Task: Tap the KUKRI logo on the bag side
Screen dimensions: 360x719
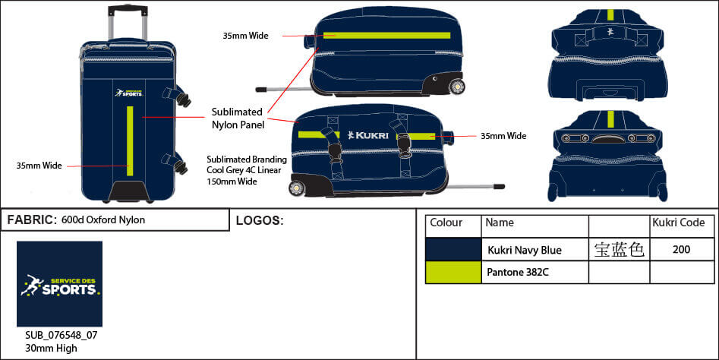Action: coord(371,135)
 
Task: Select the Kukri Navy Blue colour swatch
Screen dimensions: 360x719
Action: coord(453,249)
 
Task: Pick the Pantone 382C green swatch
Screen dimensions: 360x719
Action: coord(453,272)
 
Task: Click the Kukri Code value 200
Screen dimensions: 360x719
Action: coord(681,249)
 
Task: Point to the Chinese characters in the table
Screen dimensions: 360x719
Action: coord(619,249)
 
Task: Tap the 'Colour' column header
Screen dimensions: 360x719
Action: coord(446,223)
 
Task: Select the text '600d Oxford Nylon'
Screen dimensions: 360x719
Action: coord(103,220)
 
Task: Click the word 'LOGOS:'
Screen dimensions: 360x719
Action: coord(260,221)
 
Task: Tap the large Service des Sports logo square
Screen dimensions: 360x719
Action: coord(59,284)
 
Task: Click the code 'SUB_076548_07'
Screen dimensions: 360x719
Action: coord(61,335)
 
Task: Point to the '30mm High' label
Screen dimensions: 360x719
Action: coord(52,349)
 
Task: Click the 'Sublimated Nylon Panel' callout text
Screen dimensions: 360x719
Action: coord(237,118)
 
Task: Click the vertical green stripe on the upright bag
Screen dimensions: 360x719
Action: coord(131,141)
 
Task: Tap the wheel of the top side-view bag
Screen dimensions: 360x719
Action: coord(457,87)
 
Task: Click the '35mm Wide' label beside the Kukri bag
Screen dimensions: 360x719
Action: coord(503,136)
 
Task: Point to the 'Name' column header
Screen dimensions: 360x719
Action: coord(500,223)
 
